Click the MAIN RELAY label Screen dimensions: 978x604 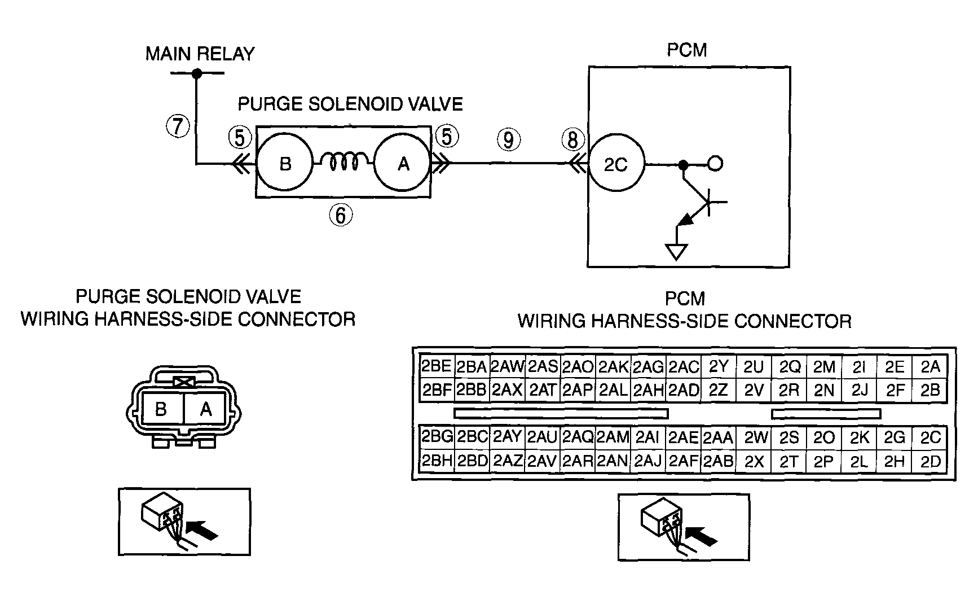(200, 54)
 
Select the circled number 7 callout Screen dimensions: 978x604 (178, 125)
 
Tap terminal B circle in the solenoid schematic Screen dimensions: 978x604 (285, 163)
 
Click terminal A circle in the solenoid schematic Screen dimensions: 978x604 (403, 163)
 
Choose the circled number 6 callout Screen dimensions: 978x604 (341, 215)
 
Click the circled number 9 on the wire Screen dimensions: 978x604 (509, 139)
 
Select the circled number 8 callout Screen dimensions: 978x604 (573, 139)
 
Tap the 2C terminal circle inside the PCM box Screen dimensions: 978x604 (616, 164)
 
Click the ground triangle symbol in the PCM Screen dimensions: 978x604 (676, 251)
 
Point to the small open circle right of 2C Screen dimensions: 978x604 (715, 164)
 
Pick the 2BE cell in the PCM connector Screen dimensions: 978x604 (437, 367)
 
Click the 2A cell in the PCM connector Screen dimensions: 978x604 (931, 367)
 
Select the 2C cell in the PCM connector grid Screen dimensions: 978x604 (931, 437)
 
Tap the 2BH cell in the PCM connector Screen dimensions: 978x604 (437, 461)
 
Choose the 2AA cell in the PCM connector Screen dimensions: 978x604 (719, 437)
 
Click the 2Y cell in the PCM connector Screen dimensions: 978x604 (719, 367)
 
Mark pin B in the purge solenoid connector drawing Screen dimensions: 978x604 (161, 409)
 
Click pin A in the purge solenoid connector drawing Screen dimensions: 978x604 (206, 409)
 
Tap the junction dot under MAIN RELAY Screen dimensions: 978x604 (196, 73)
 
